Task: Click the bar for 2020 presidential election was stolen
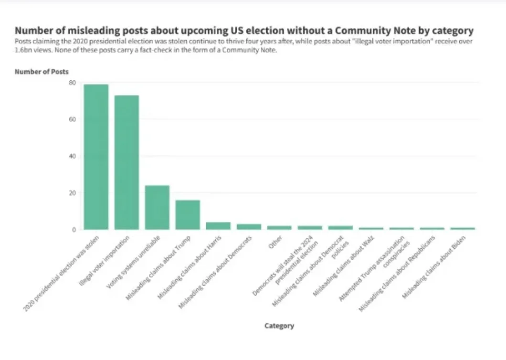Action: click(96, 157)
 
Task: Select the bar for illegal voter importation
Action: click(126, 162)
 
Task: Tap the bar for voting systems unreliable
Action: click(157, 207)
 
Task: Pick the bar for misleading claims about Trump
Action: click(188, 215)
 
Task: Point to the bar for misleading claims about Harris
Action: click(218, 226)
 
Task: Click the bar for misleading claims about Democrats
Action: click(249, 227)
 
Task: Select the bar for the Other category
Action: click(279, 228)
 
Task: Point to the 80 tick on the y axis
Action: click(72, 83)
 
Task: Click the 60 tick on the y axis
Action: click(72, 119)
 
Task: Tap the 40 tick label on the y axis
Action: click(72, 156)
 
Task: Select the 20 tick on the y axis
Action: click(72, 193)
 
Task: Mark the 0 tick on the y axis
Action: click(74, 230)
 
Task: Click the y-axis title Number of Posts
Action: click(42, 72)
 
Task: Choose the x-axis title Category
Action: click(279, 326)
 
